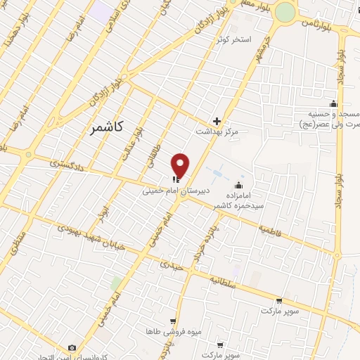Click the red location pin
tap(181, 165)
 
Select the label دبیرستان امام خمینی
tap(169, 190)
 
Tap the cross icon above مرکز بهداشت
tap(217, 121)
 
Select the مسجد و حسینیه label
tap(334, 113)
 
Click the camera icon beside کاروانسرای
tap(72, 348)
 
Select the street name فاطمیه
tap(269, 229)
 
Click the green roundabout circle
tap(285, 13)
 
